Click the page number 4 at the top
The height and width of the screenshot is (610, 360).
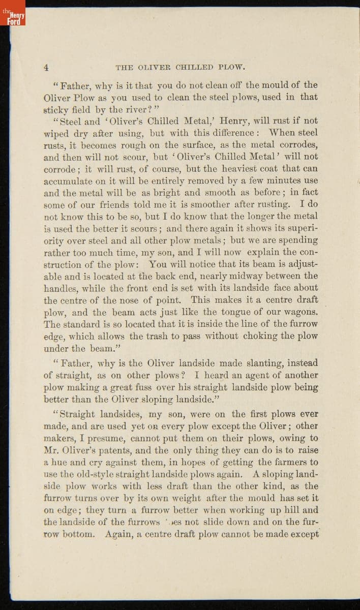46,67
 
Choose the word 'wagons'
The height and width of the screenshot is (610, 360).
298,312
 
